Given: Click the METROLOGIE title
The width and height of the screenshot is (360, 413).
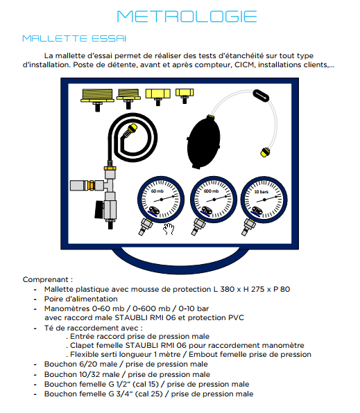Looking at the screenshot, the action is point(187,17).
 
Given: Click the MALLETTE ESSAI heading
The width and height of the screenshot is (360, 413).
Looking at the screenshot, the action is point(74,38).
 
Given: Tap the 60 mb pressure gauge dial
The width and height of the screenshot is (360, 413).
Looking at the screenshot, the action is point(161,200).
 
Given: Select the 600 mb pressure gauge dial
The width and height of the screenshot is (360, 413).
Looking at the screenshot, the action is point(214,200).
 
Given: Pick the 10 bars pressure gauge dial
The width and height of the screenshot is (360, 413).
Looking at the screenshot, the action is point(264,200).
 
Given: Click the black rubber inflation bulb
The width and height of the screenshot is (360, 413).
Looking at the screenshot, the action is point(203,143).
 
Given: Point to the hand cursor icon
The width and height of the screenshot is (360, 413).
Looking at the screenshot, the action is point(169,229).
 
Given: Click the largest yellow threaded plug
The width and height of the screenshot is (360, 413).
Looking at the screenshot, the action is point(97,100).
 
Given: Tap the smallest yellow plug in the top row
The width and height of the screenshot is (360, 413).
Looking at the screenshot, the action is point(185,96).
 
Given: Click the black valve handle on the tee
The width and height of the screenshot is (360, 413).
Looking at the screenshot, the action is point(99,210).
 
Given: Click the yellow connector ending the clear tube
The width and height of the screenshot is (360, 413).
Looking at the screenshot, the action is point(265,152).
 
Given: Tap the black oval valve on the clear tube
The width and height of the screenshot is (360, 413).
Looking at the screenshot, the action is point(261,96).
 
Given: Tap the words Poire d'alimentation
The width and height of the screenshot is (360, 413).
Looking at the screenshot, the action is point(80,299).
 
